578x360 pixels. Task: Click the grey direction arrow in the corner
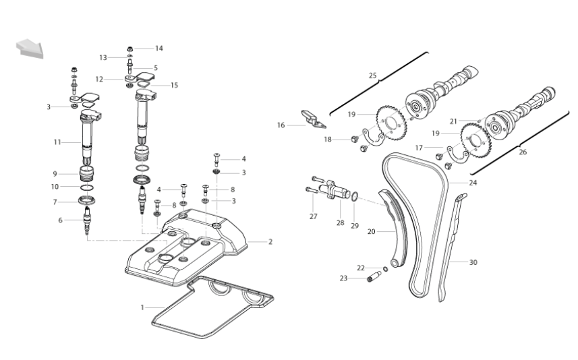tap(30, 49)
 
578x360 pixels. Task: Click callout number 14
tap(159, 49)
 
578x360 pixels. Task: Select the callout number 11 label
tap(57, 142)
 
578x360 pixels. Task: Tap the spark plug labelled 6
tap(87, 220)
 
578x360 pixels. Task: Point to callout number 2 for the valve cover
tap(270, 242)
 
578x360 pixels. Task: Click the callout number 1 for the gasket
tap(142, 307)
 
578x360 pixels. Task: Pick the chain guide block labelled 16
tap(314, 119)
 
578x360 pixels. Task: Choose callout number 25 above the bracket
tap(373, 76)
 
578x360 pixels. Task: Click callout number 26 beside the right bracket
tap(523, 152)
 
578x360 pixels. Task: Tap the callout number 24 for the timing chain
tap(473, 183)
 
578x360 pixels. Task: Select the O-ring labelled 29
tap(354, 197)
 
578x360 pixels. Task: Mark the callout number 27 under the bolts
tap(314, 216)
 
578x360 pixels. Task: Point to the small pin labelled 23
tap(374, 276)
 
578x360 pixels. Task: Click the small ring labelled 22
tap(385, 269)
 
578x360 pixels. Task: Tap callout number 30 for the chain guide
tap(473, 262)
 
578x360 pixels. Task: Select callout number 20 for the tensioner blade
tap(371, 231)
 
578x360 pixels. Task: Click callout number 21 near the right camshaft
tap(453, 121)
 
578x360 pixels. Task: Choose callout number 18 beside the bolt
tap(328, 140)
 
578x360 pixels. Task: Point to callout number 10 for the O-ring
tap(55, 187)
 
